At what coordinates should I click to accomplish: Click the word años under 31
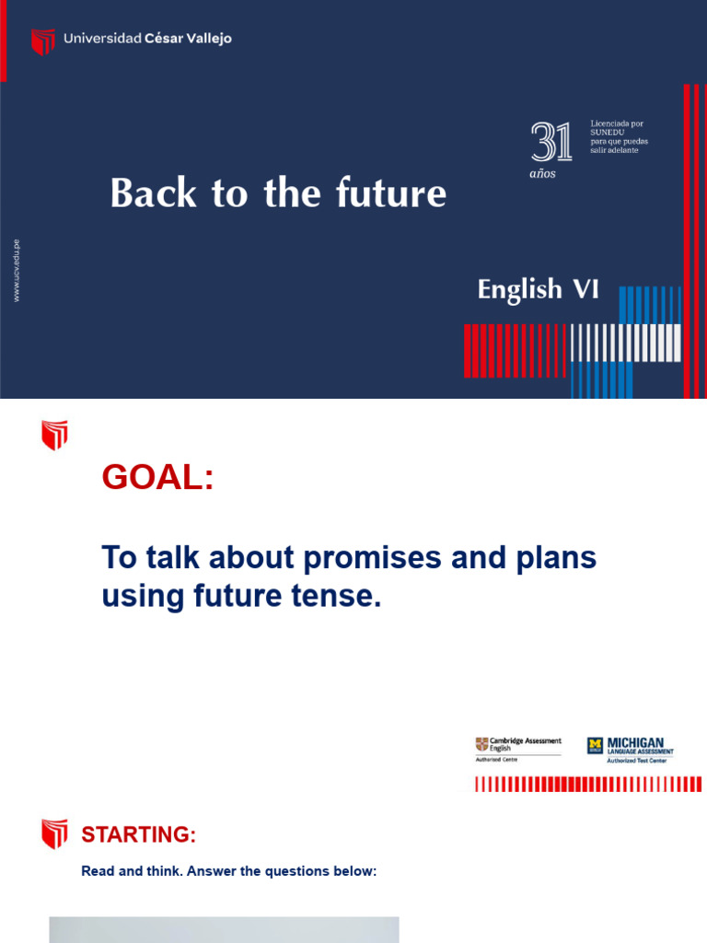pyautogui.click(x=543, y=173)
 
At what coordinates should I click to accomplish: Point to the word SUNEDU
pyautogui.click(x=607, y=132)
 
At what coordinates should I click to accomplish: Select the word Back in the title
pyautogui.click(x=144, y=193)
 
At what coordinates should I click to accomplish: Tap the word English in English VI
pyautogui.click(x=519, y=290)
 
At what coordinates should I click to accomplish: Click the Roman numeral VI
pyautogui.click(x=585, y=290)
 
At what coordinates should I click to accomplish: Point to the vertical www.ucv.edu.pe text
pyautogui.click(x=17, y=271)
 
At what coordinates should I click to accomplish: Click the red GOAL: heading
pyautogui.click(x=157, y=478)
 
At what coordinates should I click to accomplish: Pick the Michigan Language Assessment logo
pyautogui.click(x=631, y=749)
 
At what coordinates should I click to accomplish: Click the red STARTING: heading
pyautogui.click(x=139, y=835)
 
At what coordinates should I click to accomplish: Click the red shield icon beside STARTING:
pyautogui.click(x=54, y=834)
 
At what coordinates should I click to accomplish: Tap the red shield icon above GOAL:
pyautogui.click(x=54, y=435)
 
